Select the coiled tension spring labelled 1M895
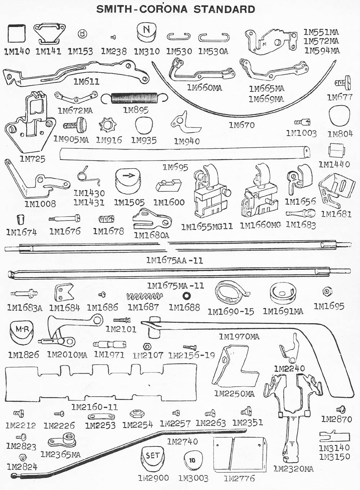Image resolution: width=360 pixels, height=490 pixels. click(x=134, y=98)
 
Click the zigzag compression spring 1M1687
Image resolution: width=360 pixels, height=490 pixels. click(x=145, y=297)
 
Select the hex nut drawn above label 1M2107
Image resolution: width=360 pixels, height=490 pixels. click(x=147, y=347)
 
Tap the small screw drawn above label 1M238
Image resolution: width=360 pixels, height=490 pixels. click(x=113, y=37)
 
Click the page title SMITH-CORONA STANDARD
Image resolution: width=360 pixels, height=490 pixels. click(x=176, y=9)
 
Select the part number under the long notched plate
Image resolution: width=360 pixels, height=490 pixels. click(x=95, y=407)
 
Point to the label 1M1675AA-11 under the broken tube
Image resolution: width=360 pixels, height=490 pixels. click(x=175, y=260)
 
